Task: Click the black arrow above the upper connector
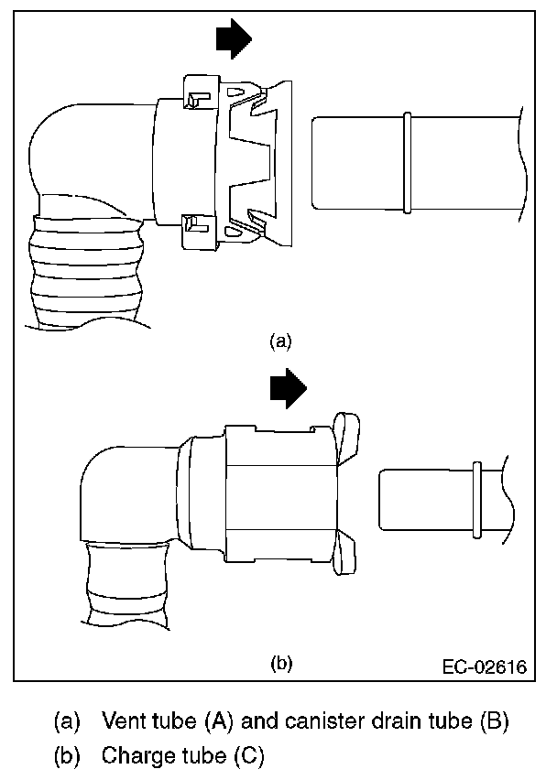pos(234,38)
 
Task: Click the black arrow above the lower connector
pos(289,388)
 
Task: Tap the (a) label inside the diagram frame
pos(280,341)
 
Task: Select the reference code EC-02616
pos(487,666)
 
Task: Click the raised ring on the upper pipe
pos(407,161)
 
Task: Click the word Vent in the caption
pos(124,720)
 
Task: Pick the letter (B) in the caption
pos(493,720)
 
